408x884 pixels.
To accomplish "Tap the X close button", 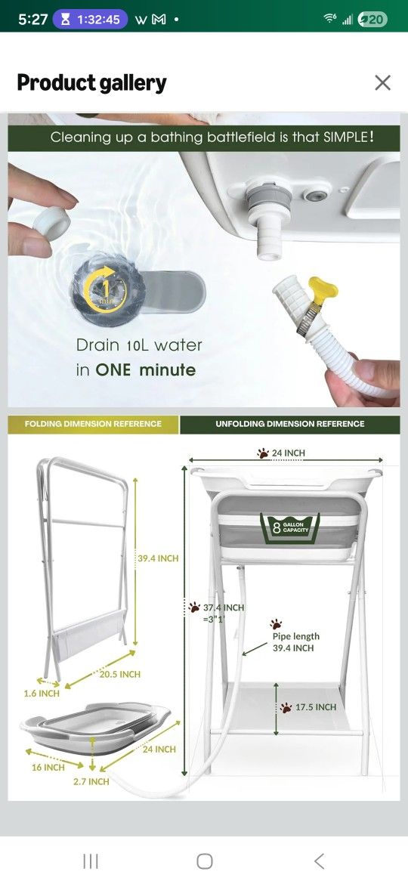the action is coord(382,83).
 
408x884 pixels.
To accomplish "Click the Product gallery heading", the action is coord(92,83).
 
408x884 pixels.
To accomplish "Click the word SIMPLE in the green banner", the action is coord(346,137).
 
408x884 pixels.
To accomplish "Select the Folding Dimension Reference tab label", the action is coord(93,424).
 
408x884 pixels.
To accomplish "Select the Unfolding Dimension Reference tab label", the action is coord(289,424).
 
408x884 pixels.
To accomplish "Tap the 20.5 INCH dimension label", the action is coord(120,674).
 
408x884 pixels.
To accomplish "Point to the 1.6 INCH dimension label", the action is coord(42,694).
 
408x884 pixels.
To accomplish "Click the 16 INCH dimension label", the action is coord(48,768).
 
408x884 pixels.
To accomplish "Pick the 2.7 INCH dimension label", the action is coord(91,781).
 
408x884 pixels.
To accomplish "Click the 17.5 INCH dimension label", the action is coord(316,707).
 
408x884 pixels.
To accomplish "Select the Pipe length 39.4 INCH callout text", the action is coord(296,642).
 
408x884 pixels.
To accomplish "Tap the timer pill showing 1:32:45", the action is coord(90,19).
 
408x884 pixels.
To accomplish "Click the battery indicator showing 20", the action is coord(373,19).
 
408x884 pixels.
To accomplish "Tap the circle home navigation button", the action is coord(205,861).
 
